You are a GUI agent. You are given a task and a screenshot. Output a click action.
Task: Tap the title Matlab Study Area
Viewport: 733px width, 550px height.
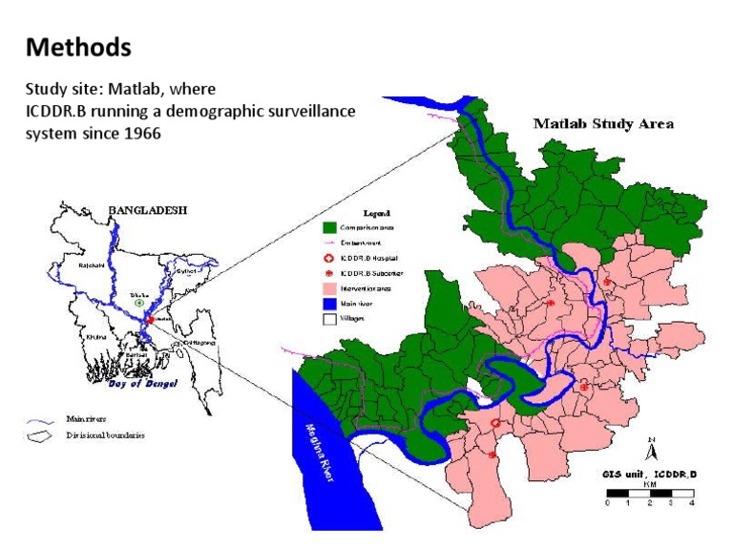(603, 123)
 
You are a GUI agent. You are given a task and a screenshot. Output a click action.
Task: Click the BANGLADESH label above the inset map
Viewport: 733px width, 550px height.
(148, 208)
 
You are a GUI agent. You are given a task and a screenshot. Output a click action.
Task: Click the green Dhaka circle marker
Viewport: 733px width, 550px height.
(139, 303)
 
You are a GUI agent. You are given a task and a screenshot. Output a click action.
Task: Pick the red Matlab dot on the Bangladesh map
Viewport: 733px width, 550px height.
(150, 320)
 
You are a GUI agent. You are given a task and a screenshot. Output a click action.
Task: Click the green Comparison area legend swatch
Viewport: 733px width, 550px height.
(329, 229)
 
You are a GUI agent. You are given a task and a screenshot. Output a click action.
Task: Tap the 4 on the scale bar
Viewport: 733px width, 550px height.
(692, 502)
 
